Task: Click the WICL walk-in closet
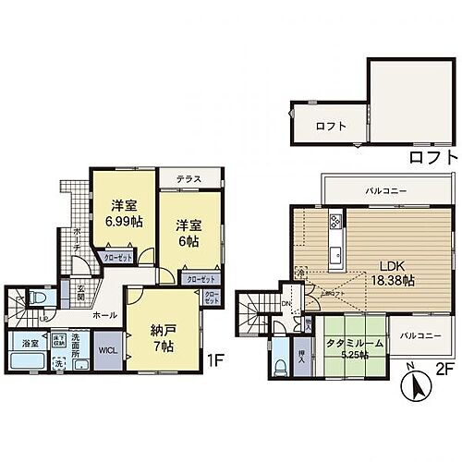[x=107, y=348]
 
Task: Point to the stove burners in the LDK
[x=335, y=223]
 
